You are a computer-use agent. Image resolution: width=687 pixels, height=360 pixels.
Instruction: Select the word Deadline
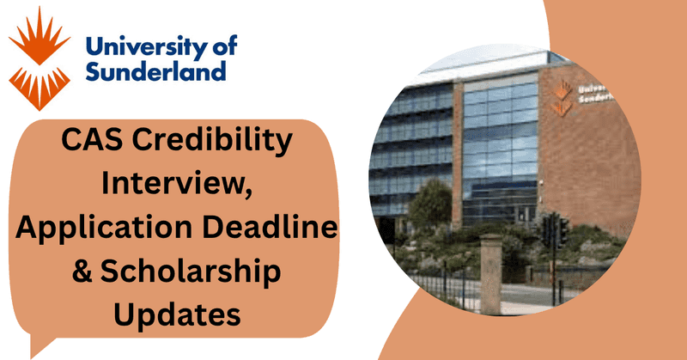274,227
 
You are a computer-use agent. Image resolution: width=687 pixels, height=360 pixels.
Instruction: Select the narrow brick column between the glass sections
458,146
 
